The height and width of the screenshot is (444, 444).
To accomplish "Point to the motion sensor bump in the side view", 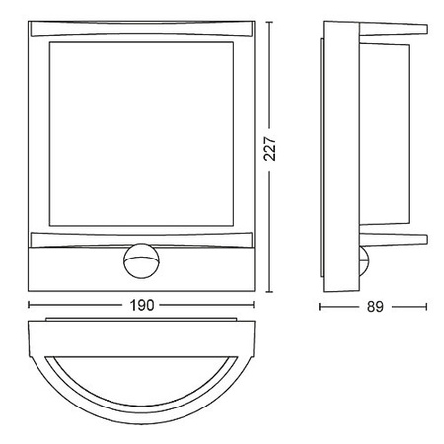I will point(366,260).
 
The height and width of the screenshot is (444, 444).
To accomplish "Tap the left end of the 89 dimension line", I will point(321,305).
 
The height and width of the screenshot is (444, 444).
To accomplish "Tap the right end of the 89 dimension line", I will point(427,305).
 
